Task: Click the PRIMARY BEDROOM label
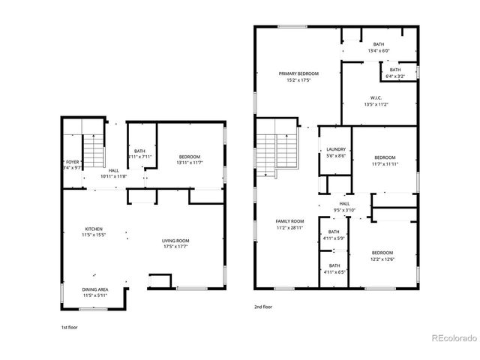(298, 73)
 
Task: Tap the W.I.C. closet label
(376, 97)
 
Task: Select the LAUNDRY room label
(336, 149)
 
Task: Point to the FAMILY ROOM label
(289, 221)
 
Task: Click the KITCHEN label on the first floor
(94, 229)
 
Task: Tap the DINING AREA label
(94, 289)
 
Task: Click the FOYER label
(72, 162)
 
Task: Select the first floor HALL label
(113, 171)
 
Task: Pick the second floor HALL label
(344, 203)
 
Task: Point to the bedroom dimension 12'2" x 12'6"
(382, 259)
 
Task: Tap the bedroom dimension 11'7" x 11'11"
(384, 163)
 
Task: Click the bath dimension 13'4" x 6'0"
(378, 51)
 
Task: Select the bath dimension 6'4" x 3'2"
(394, 76)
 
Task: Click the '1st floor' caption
(69, 328)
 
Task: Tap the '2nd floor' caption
(263, 306)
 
